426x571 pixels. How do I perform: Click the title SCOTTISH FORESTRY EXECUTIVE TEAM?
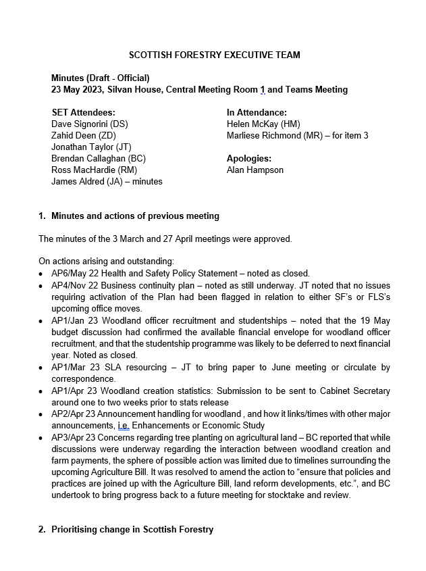(215, 55)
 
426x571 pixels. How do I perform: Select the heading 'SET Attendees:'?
(83, 112)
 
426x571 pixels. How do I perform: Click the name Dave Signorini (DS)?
(89, 124)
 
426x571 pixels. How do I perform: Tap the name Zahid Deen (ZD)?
(84, 135)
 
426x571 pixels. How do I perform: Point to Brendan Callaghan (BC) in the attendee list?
(98, 158)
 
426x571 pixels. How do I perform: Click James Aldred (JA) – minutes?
(107, 181)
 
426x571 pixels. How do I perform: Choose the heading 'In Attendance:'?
(257, 112)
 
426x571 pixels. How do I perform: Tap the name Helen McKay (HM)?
(263, 124)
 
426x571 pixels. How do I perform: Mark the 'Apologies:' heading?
(249, 158)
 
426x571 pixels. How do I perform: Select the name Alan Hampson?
(255, 170)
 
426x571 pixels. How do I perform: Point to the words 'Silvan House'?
(134, 89)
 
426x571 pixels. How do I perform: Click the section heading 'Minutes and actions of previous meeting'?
(135, 216)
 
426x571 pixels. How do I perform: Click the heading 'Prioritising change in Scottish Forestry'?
(132, 529)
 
